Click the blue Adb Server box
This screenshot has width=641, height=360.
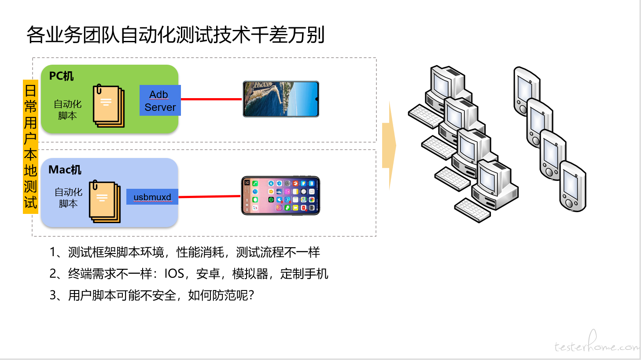pyautogui.click(x=160, y=100)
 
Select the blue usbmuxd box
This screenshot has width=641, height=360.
pyautogui.click(x=152, y=197)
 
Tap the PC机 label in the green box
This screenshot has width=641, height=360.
pyautogui.click(x=61, y=76)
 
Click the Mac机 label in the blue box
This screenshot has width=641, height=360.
pyautogui.click(x=65, y=170)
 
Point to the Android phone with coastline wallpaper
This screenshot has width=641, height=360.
pyautogui.click(x=281, y=99)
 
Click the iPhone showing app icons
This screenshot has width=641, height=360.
pyautogui.click(x=280, y=196)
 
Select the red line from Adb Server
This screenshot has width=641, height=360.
pyautogui.click(x=211, y=99)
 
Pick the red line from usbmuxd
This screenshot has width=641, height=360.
pyautogui.click(x=210, y=197)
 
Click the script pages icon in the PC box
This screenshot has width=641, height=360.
pyautogui.click(x=109, y=106)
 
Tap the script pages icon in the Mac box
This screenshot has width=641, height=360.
pyautogui.click(x=105, y=201)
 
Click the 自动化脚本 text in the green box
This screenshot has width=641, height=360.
pyautogui.click(x=67, y=110)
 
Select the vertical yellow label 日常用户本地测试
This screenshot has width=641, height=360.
pyautogui.click(x=30, y=147)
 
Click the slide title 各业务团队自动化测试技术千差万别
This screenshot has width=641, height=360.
pyautogui.click(x=175, y=35)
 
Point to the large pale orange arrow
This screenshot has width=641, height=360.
pyautogui.click(x=389, y=145)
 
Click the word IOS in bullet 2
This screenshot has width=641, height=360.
pyautogui.click(x=174, y=274)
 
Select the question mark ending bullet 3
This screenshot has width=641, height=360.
pyautogui.click(x=251, y=295)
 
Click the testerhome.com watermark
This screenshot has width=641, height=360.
pyautogui.click(x=597, y=343)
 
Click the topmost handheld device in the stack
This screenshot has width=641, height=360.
pyautogui.click(x=527, y=91)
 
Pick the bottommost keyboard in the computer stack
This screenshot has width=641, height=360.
pyautogui.click(x=472, y=210)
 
